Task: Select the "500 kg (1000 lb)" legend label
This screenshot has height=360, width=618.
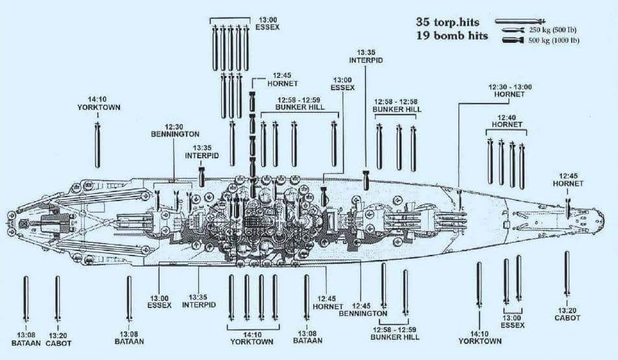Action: coord(554,41)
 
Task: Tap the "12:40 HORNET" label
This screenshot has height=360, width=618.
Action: coord(506,120)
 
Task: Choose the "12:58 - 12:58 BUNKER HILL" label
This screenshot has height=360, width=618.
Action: coord(397,106)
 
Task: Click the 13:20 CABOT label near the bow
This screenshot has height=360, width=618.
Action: coord(567,314)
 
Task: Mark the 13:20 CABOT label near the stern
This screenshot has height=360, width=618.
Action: coord(58,339)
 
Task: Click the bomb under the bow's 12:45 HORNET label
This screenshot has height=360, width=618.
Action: coord(568,207)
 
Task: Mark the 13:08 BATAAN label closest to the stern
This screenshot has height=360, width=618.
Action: coord(26,339)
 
